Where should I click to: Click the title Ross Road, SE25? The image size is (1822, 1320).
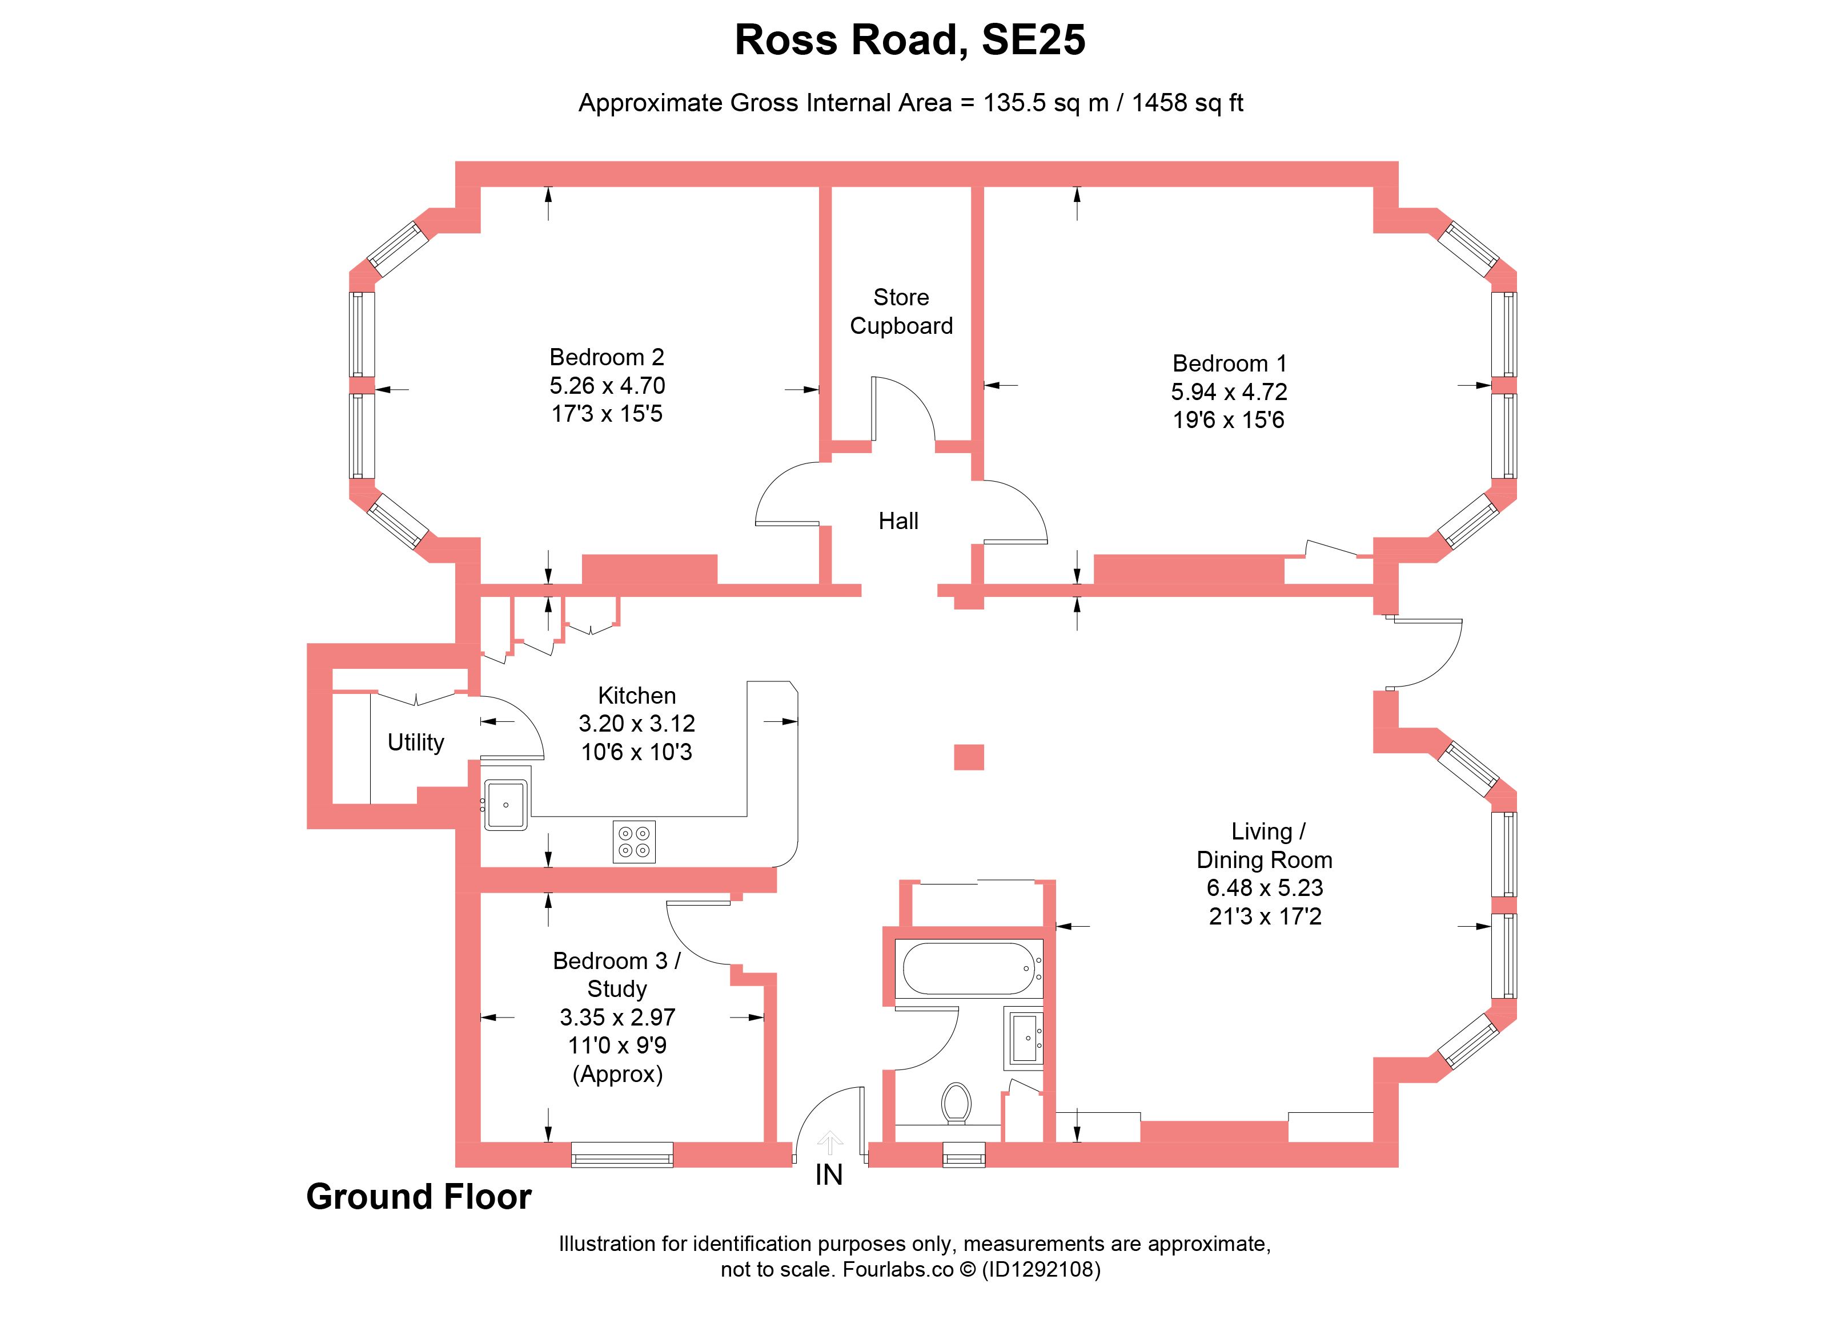[910, 39]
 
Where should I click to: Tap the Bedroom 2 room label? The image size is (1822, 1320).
[607, 357]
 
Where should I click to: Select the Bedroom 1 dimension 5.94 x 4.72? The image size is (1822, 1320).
[1229, 392]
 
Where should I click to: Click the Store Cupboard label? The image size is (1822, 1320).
[901, 312]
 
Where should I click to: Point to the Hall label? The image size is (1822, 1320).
[898, 521]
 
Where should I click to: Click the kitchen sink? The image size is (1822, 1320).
[505, 805]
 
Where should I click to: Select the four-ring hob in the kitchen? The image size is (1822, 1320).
[634, 841]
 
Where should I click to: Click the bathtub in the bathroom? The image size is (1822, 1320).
[969, 968]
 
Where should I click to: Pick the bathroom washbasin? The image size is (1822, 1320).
[1024, 1038]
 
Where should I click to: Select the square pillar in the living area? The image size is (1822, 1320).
[969, 757]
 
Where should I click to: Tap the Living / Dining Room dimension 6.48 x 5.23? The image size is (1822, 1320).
[1265, 888]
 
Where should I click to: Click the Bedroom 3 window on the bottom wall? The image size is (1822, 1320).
[622, 1155]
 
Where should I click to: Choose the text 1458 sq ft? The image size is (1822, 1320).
[1187, 103]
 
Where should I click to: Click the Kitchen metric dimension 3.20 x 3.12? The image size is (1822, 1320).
[636, 724]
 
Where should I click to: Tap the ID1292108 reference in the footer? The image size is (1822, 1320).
[1041, 1269]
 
